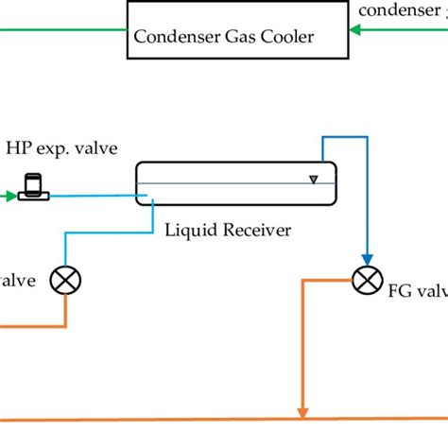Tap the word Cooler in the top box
pos(279,38)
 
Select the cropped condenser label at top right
pos(401,11)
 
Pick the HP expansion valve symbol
pos(35,187)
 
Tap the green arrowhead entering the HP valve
pos(10,196)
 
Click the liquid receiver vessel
pos(235,184)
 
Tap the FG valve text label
pos(416,291)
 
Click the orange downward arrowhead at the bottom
pos(302,411)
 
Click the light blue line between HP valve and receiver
pos(95,197)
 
